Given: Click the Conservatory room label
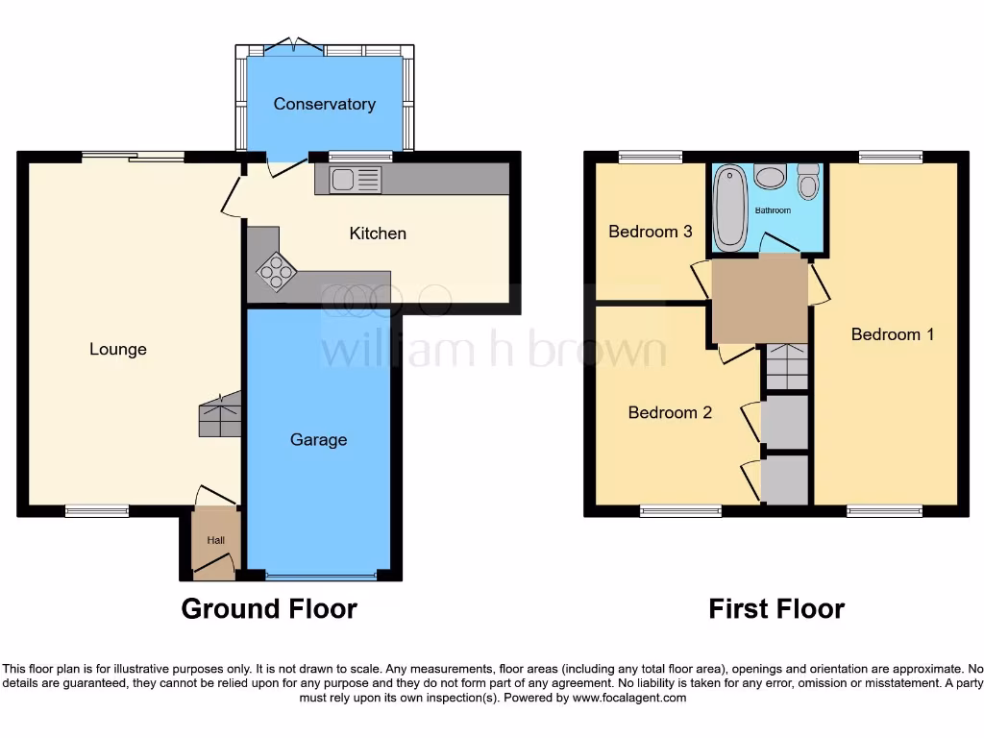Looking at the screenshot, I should (x=324, y=104).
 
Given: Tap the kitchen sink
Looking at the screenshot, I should (x=356, y=179).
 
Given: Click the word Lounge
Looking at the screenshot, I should (x=118, y=349).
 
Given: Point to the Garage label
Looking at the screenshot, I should (x=318, y=439).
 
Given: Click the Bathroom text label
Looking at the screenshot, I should (x=773, y=209).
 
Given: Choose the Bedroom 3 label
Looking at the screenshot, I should (x=651, y=232).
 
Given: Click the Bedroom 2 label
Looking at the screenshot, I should (x=670, y=412).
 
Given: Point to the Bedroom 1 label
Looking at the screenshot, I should (x=893, y=334).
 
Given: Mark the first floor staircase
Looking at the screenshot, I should (x=787, y=367).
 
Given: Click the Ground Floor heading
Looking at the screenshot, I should (x=269, y=608).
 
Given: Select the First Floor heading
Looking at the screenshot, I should (x=776, y=608).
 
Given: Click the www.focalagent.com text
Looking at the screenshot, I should (x=629, y=698).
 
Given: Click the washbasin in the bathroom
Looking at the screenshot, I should (x=770, y=176).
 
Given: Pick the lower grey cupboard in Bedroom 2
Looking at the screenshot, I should (x=785, y=480).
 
